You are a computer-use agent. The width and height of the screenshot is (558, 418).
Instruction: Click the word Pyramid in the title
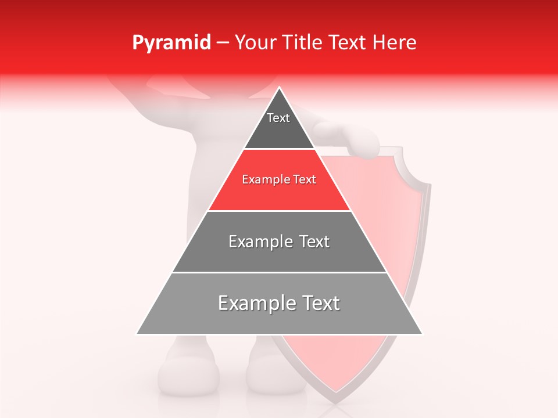click(171, 43)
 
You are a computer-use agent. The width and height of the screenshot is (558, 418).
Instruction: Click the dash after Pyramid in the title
click(223, 43)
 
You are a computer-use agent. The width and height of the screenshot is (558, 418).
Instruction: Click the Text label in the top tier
click(278, 118)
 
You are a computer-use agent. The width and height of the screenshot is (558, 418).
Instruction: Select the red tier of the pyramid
click(279, 192)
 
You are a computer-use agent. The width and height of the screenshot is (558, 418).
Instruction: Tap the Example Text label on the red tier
click(279, 179)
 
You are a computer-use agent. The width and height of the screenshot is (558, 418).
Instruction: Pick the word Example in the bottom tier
click(256, 303)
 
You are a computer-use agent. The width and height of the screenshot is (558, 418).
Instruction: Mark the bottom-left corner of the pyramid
click(137, 334)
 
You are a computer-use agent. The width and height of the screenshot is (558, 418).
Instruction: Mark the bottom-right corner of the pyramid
click(422, 334)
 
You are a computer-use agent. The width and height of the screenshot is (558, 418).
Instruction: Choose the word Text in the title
click(349, 43)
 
